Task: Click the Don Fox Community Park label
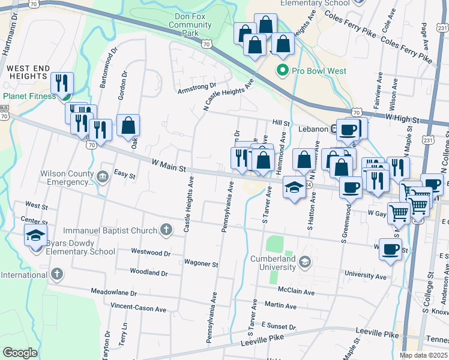(x=190, y=25)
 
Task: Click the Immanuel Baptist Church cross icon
(x=166, y=229)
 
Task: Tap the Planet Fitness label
(x=29, y=95)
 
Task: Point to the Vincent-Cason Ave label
(x=138, y=307)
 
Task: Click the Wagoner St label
(x=200, y=263)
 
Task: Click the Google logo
(x=20, y=352)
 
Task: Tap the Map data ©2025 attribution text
(x=423, y=355)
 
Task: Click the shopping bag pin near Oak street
(x=128, y=125)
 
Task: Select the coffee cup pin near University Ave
(x=390, y=248)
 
